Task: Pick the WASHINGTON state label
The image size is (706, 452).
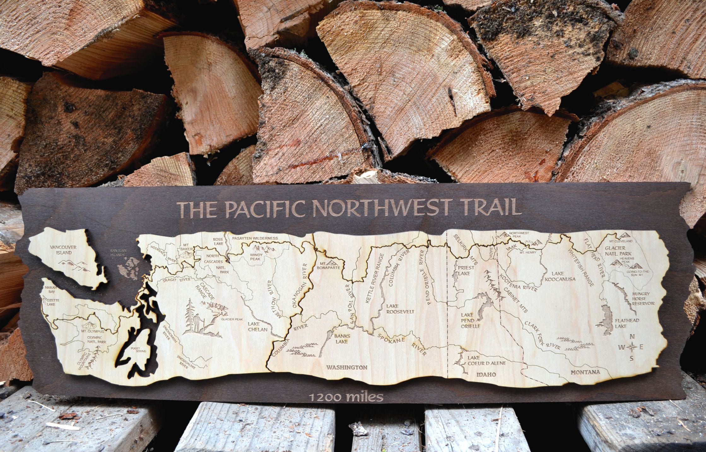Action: pyautogui.click(x=347, y=367)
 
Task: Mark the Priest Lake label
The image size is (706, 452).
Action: pyautogui.click(x=464, y=272)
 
